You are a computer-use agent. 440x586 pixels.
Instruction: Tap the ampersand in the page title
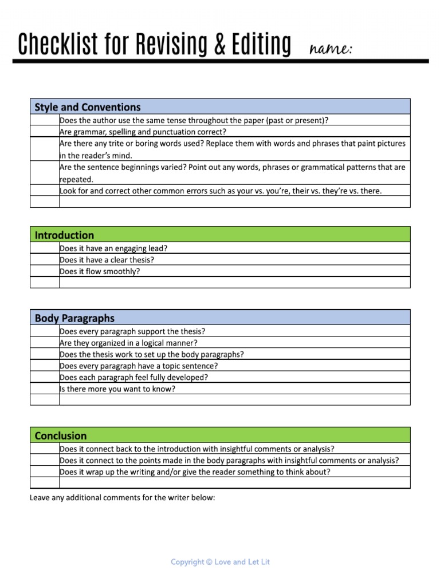[215, 44]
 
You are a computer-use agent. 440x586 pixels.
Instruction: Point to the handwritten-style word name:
[331, 49]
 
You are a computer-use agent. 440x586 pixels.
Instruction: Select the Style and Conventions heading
[88, 107]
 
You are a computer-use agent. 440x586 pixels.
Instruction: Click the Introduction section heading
[64, 235]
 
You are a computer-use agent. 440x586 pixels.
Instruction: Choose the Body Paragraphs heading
[74, 318]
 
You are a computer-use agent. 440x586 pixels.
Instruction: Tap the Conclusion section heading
[61, 435]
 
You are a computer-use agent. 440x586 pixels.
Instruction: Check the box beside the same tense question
[45, 120]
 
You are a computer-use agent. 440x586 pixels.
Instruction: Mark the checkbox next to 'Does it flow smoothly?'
[45, 271]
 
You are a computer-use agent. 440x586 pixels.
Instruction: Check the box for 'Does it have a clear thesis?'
[45, 260]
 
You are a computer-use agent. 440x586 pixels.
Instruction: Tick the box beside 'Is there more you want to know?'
[45, 389]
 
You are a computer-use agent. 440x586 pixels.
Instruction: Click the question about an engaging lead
[113, 248]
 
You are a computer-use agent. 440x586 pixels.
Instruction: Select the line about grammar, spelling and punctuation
[143, 132]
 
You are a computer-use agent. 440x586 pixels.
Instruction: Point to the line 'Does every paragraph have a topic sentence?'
[139, 366]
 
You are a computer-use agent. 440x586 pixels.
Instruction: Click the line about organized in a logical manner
[128, 343]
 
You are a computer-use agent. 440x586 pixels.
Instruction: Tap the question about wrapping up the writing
[195, 472]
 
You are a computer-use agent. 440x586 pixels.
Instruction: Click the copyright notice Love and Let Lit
[220, 562]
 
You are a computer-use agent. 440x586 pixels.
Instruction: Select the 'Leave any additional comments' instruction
[122, 498]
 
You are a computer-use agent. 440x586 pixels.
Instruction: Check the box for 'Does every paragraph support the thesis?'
[45, 331]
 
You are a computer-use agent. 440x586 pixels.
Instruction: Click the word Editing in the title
[261, 44]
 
